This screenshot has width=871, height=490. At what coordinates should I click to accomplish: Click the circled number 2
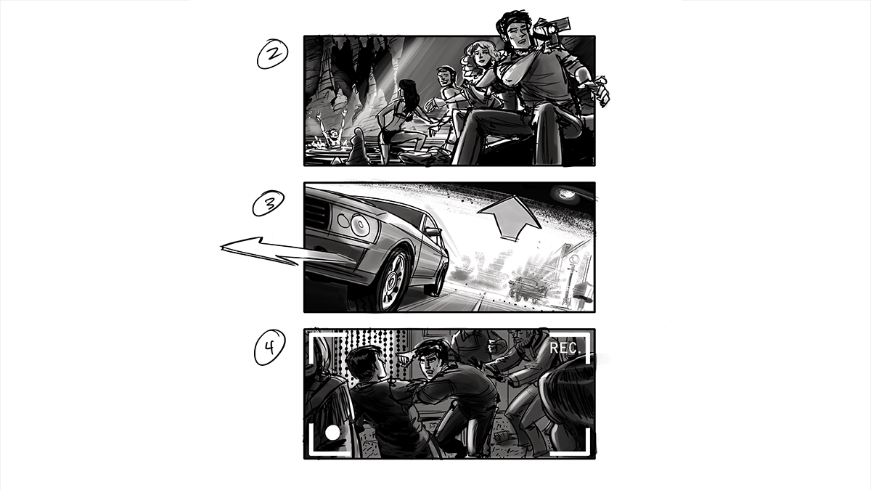click(273, 54)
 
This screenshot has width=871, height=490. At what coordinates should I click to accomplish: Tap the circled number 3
click(269, 203)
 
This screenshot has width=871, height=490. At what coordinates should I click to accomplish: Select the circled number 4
click(269, 347)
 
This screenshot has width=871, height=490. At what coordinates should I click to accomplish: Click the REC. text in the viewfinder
click(565, 348)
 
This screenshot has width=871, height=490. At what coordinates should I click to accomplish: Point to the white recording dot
click(332, 433)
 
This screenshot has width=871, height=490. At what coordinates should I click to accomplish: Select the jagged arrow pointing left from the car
click(269, 252)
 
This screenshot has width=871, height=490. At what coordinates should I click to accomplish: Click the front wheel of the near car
click(392, 279)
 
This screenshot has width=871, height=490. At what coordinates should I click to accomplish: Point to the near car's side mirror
click(433, 232)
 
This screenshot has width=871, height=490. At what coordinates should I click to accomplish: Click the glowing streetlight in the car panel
click(565, 193)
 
